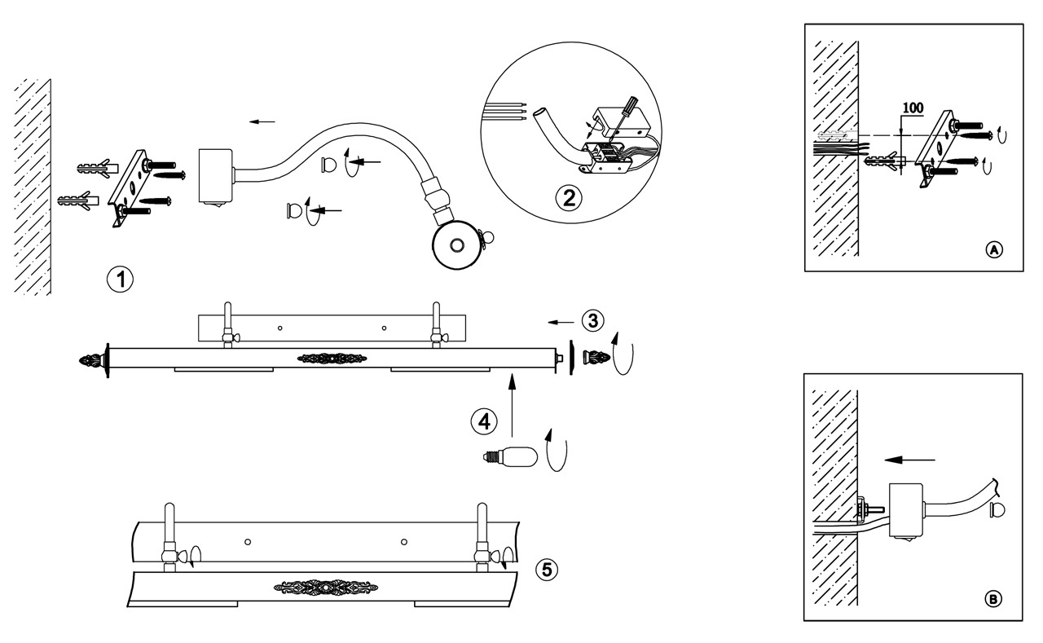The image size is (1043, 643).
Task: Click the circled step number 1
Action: (121, 279)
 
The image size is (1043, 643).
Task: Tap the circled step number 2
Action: (569, 197)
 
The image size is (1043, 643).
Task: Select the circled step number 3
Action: (593, 320)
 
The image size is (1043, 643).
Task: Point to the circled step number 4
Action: (484, 421)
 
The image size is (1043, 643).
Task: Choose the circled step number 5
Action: (548, 569)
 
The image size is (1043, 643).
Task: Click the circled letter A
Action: (993, 249)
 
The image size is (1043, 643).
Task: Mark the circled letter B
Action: (992, 600)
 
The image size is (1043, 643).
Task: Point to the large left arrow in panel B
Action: (909, 460)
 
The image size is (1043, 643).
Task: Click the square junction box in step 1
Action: (216, 175)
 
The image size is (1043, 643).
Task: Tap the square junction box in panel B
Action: (904, 511)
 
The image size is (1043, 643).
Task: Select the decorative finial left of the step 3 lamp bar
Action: (93, 359)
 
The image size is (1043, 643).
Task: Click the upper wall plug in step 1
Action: (94, 170)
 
